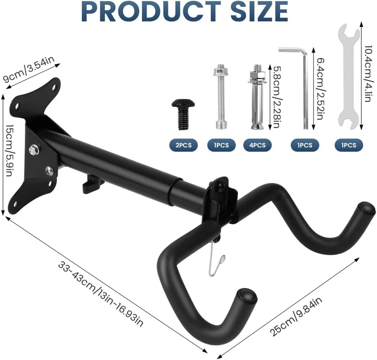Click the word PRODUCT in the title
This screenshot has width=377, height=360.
click(151, 11)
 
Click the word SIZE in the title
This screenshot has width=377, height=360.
click(260, 11)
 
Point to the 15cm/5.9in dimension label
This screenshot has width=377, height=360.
click(8, 151)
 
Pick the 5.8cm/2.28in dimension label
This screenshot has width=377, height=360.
click(275, 97)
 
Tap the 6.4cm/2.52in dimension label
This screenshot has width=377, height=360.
click(319, 89)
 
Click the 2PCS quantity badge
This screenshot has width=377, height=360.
click(184, 145)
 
